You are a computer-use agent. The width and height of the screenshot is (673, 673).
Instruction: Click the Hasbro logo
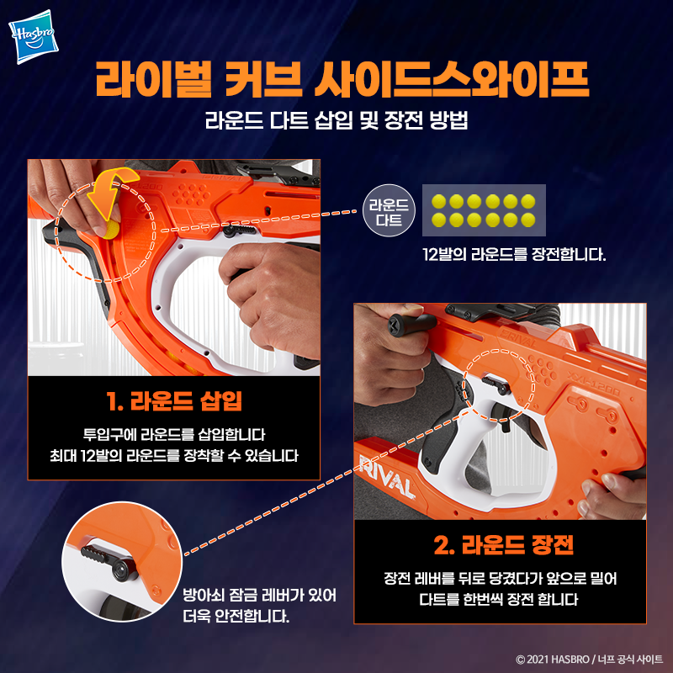34,36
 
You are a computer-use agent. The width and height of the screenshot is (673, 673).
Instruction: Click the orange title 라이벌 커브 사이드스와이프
342,80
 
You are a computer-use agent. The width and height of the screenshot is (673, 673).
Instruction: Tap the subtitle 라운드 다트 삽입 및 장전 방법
336,120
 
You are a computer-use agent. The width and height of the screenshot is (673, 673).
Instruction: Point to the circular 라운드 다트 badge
389,210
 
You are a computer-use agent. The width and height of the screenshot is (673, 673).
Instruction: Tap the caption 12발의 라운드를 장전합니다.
514,255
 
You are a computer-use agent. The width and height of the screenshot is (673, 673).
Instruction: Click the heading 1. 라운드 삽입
174,401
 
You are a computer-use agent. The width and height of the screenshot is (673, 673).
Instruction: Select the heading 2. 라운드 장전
503,545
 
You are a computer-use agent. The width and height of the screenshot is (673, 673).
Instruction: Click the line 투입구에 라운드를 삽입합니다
174,435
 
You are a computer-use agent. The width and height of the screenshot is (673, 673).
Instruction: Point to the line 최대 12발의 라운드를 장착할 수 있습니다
174,455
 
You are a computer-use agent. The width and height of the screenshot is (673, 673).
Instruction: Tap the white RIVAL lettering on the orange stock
387,476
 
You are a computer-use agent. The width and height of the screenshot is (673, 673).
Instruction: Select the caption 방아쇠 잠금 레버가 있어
260,596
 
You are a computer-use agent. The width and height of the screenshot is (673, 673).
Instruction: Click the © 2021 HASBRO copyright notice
590,659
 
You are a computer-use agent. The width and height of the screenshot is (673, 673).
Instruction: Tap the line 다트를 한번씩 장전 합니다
499,599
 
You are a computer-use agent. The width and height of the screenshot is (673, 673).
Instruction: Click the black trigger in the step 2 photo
503,416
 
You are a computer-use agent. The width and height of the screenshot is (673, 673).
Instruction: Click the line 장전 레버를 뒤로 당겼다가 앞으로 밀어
500,579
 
